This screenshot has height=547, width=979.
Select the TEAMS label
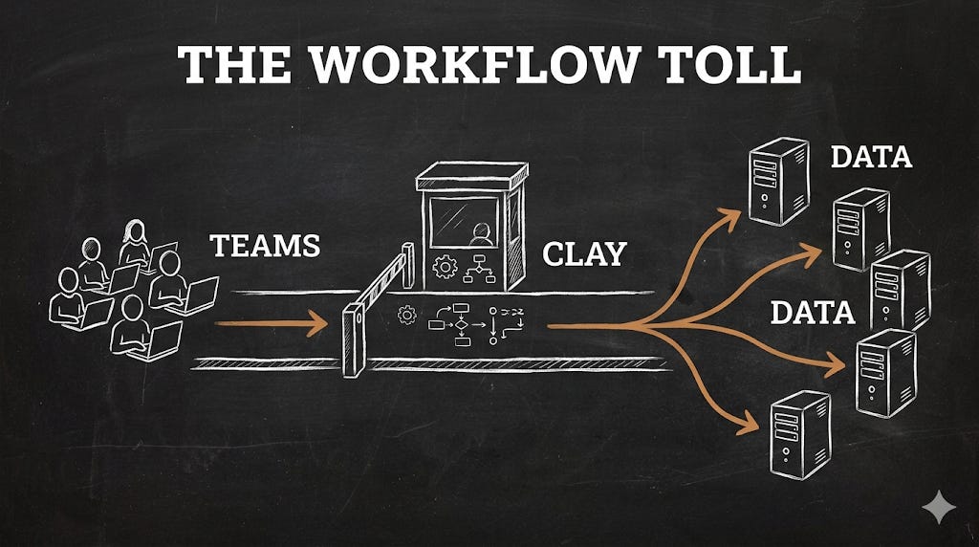(265, 246)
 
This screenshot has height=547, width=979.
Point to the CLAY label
(584, 254)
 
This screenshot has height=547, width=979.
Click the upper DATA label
(870, 157)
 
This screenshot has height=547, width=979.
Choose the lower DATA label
(812, 313)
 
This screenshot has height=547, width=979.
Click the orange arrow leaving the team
(272, 325)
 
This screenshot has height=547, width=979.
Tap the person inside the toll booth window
(481, 234)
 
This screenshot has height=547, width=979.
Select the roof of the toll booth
(471, 176)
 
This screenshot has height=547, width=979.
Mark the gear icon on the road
(407, 315)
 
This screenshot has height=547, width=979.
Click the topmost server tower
(777, 182)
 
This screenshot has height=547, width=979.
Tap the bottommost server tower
(800, 434)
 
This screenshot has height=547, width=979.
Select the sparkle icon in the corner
(939, 508)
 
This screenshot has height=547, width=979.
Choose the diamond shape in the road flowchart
(462, 325)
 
